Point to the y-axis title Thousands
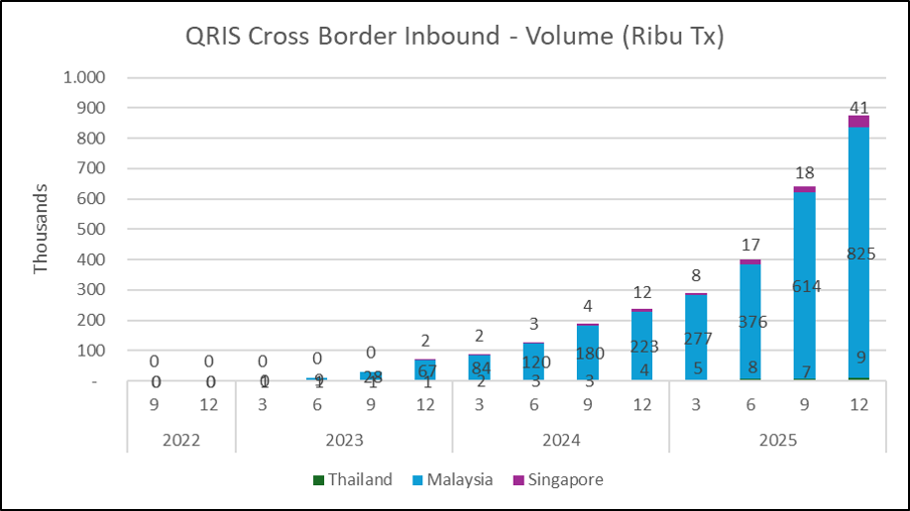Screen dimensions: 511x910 point(41,229)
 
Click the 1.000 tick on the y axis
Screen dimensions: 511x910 point(84,77)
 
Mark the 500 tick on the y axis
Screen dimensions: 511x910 point(92,229)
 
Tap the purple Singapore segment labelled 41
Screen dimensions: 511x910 point(857,121)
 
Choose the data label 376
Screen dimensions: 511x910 point(750,322)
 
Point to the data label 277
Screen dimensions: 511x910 point(696,339)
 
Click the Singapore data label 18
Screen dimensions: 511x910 point(804,173)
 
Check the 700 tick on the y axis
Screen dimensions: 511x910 point(92,168)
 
